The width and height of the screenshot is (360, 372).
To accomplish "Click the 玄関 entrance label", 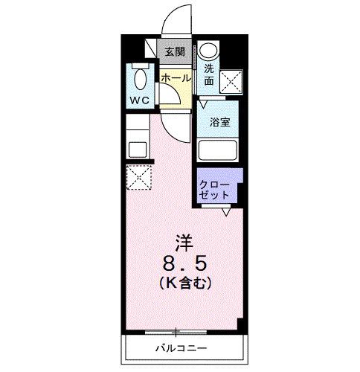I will (x=175, y=52).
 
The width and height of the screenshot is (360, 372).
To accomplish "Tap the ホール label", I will (x=176, y=77).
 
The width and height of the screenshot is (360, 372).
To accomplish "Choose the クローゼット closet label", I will (x=214, y=189).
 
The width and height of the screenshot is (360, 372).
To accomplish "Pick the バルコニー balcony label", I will (x=181, y=347).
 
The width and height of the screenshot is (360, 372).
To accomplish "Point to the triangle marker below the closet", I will (x=225, y=212).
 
